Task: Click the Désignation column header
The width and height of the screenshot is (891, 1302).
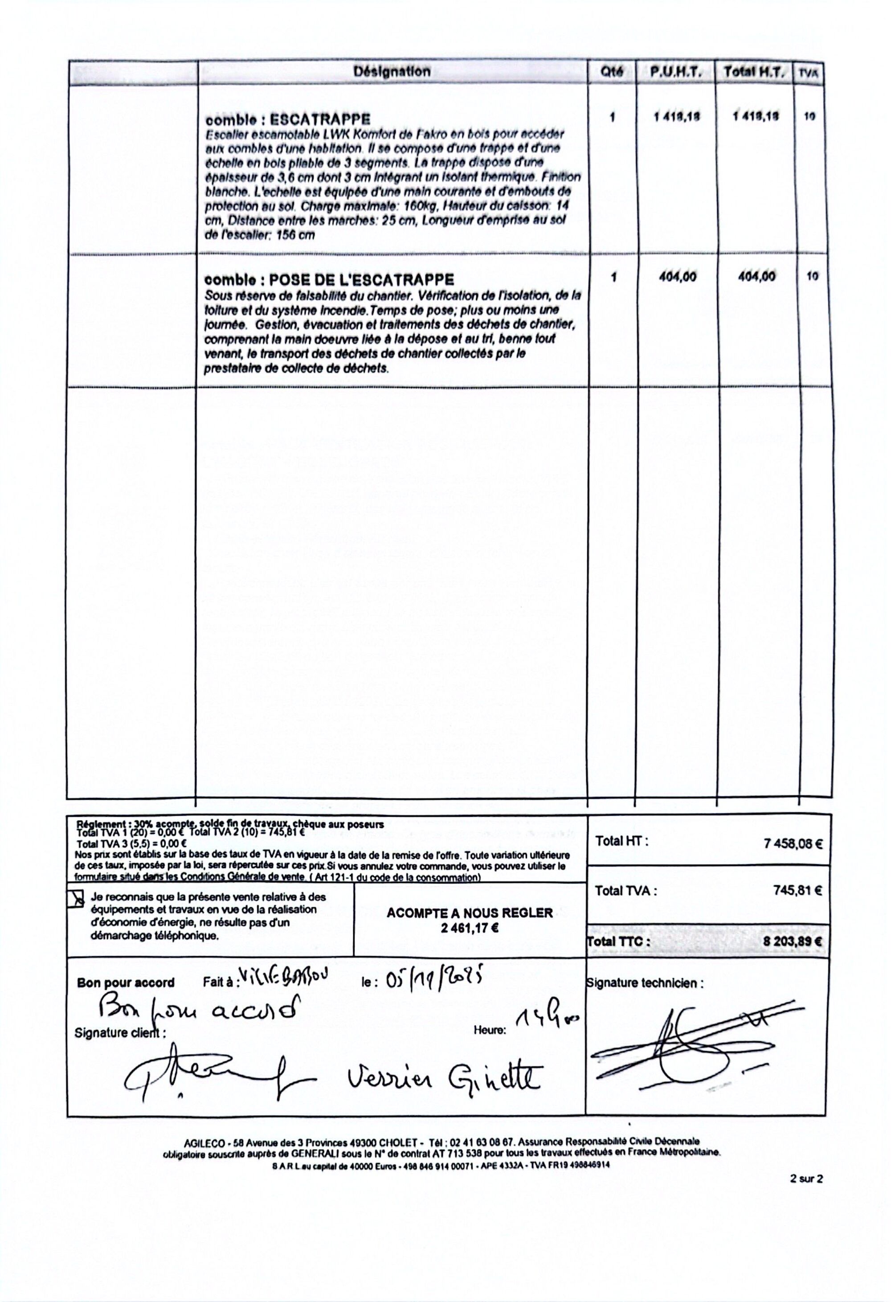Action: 392,71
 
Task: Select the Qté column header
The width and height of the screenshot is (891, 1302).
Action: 612,72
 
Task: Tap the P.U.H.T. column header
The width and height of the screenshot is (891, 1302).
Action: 675,72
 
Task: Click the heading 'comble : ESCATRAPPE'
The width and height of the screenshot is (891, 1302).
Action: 288,119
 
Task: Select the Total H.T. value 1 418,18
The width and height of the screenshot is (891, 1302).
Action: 756,117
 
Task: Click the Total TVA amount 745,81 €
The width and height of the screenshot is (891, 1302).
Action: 797,891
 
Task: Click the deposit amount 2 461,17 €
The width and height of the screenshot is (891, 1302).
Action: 469,927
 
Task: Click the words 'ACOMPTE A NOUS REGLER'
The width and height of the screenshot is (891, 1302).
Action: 469,913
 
